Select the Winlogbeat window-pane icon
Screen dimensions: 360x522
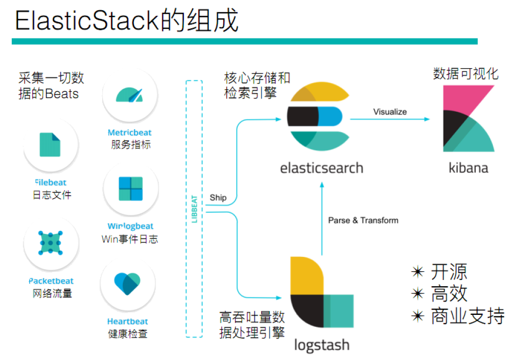[130, 189]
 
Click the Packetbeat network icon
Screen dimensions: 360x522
[50, 243]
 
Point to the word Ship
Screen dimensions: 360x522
[218, 197]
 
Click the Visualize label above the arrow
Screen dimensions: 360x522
[390, 112]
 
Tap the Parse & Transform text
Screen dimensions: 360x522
[363, 220]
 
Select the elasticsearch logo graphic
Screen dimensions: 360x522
[318, 117]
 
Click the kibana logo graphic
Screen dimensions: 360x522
[468, 119]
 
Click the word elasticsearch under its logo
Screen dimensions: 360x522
[321, 168]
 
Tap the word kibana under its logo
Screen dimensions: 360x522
[468, 168]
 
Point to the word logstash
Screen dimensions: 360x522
[321, 345]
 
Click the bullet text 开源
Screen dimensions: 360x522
[449, 271]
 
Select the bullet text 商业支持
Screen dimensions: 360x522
[467, 315]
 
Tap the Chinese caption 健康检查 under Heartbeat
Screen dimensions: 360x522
[128, 334]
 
